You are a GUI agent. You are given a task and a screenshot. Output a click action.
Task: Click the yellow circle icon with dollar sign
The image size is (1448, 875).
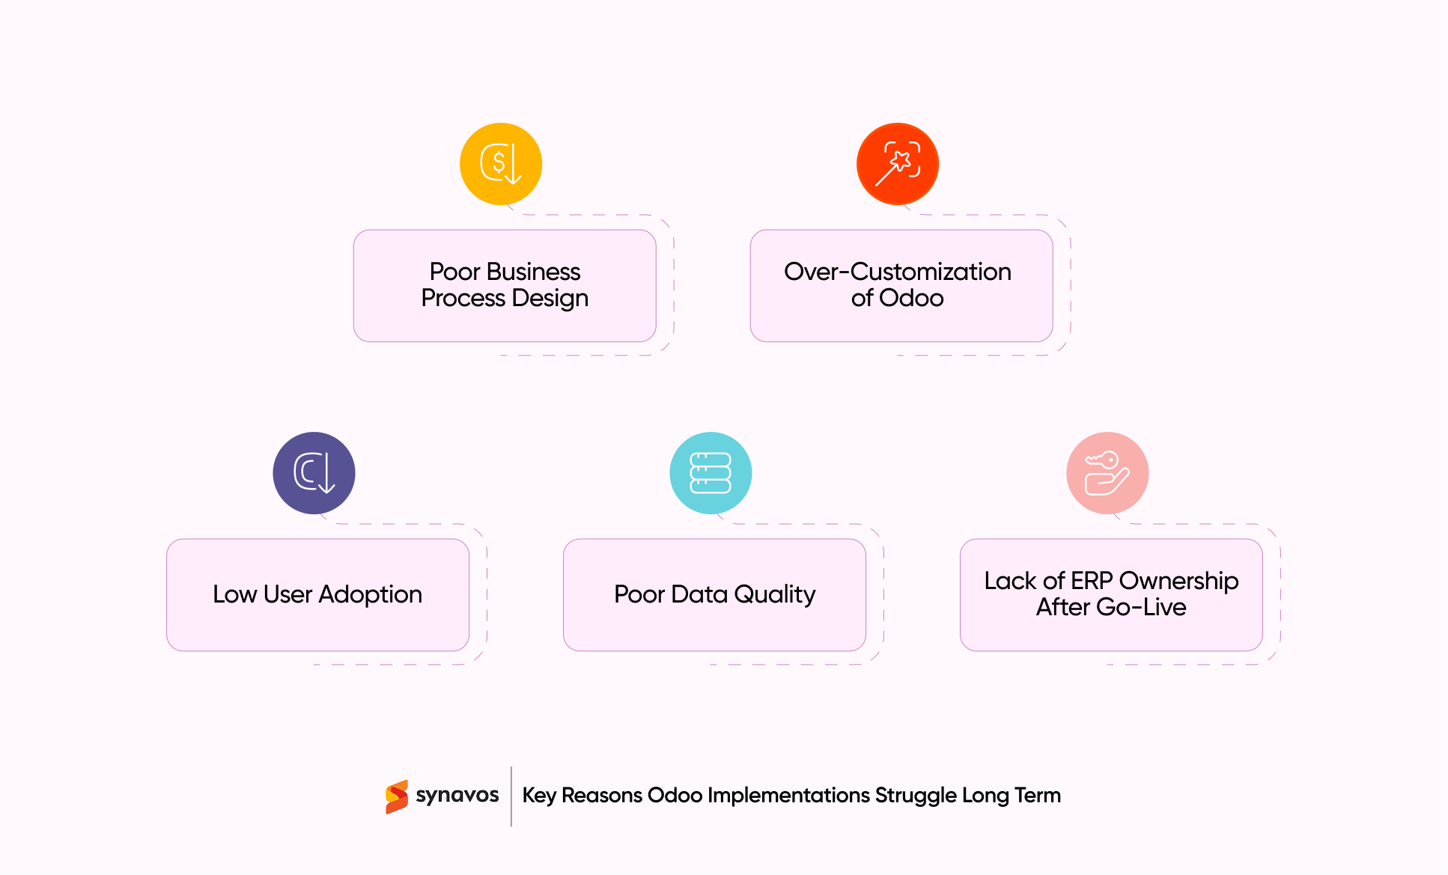pyautogui.click(x=500, y=164)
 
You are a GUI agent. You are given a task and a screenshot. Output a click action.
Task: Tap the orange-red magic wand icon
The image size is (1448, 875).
pyautogui.click(x=897, y=164)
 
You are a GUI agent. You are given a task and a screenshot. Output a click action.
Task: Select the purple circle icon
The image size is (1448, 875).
pyautogui.click(x=314, y=473)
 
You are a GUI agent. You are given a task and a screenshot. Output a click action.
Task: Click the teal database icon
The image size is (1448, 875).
pyautogui.click(x=711, y=473)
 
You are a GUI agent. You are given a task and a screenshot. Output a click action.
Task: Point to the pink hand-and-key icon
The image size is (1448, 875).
pyautogui.click(x=1107, y=473)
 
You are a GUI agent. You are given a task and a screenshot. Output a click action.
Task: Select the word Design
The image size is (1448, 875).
pyautogui.click(x=550, y=298)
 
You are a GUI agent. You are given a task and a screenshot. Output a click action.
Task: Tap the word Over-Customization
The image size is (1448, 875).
pyautogui.click(x=897, y=271)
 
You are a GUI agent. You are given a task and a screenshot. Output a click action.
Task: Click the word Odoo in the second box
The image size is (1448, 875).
pyautogui.click(x=911, y=298)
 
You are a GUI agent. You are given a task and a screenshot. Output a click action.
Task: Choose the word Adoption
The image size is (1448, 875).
pyautogui.click(x=370, y=594)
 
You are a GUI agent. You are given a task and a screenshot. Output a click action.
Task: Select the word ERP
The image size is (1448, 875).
pyautogui.click(x=1092, y=581)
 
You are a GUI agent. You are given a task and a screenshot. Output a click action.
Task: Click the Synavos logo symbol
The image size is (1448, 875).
pyautogui.click(x=397, y=796)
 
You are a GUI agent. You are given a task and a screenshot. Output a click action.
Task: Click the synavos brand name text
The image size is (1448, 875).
pyautogui.click(x=457, y=795)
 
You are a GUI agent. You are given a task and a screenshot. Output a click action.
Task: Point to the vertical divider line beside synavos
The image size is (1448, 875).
pyautogui.click(x=511, y=796)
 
